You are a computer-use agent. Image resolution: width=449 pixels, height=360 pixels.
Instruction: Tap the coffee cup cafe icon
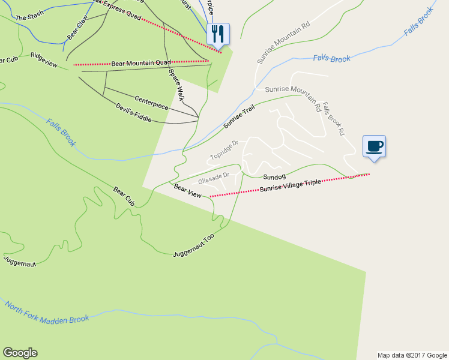coord(374,146)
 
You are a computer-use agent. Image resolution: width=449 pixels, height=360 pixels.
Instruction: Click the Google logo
coord(20,353)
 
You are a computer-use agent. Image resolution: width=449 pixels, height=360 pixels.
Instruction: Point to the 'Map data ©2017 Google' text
coord(412,355)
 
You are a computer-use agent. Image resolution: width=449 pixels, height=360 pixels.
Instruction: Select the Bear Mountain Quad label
coord(141,62)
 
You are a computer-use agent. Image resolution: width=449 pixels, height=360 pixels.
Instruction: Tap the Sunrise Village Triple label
coord(291,185)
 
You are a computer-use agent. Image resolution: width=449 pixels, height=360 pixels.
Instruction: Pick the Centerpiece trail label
coord(151,102)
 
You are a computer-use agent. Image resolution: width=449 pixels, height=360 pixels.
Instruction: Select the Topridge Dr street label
coord(224,150)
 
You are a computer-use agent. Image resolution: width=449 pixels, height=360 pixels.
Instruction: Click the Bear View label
coord(187,191)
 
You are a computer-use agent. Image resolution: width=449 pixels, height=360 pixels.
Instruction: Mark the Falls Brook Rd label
coord(333,117)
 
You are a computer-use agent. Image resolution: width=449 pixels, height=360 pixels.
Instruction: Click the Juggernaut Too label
coord(193,246)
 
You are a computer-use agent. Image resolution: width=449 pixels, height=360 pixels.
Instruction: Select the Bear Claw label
coord(77,31)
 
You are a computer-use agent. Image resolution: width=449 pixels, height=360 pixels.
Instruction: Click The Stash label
coord(29,18)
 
